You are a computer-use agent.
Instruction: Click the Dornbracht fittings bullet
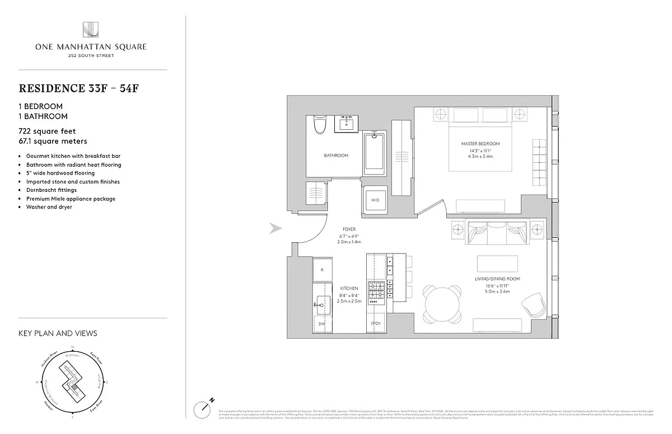[x=51, y=190]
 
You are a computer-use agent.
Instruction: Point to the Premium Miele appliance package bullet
[x=71, y=199]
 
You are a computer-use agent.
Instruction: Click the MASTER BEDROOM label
[x=480, y=144]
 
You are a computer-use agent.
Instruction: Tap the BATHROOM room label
[x=336, y=155]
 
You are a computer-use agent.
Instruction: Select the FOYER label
[x=349, y=229]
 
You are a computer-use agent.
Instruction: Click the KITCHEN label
[x=349, y=288]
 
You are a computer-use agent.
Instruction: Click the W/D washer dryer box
[x=374, y=200]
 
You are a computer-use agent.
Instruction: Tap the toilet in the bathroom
[x=320, y=125]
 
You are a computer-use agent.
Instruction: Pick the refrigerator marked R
[x=322, y=269]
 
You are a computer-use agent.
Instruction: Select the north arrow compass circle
[x=202, y=409]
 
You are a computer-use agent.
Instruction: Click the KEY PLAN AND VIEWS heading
[x=58, y=333]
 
